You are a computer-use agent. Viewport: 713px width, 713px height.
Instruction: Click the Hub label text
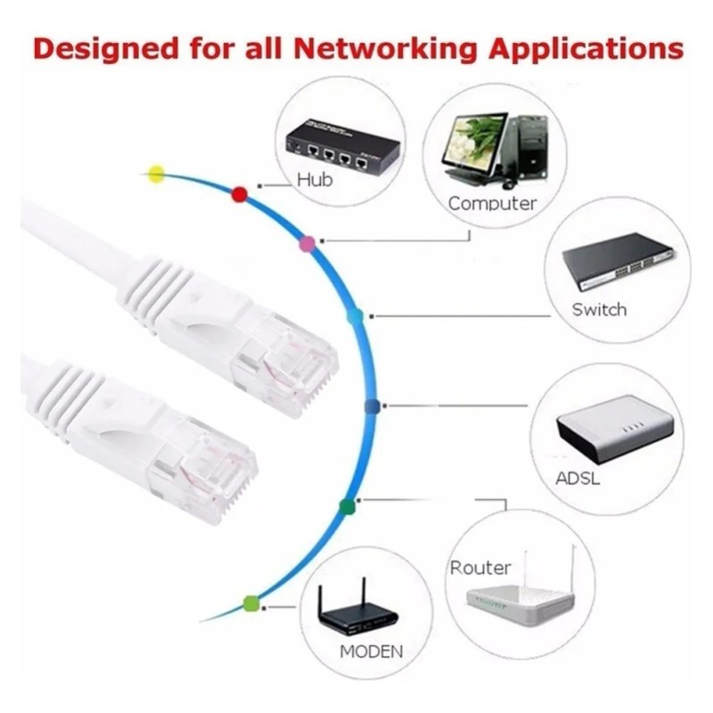tap(315, 180)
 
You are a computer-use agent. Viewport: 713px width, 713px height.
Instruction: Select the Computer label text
tap(493, 204)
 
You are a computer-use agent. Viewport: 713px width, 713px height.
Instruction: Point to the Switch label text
tap(599, 309)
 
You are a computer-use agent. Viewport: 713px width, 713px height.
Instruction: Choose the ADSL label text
tap(578, 479)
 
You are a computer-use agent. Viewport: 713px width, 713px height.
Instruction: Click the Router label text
tap(480, 568)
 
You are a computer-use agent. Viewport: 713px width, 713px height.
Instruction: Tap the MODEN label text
tap(371, 652)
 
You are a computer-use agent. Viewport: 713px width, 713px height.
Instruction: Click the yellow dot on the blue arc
tap(157, 173)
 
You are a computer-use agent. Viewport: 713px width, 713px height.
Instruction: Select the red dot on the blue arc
tap(239, 194)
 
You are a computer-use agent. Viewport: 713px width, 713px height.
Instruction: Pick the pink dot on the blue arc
tap(307, 244)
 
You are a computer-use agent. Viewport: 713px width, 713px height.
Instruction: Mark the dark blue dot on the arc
tap(372, 406)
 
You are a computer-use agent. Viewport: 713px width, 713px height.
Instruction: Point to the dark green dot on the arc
tap(347, 506)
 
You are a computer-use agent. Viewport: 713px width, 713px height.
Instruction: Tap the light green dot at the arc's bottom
tap(250, 603)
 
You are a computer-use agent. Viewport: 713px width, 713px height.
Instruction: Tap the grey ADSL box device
tap(615, 428)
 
